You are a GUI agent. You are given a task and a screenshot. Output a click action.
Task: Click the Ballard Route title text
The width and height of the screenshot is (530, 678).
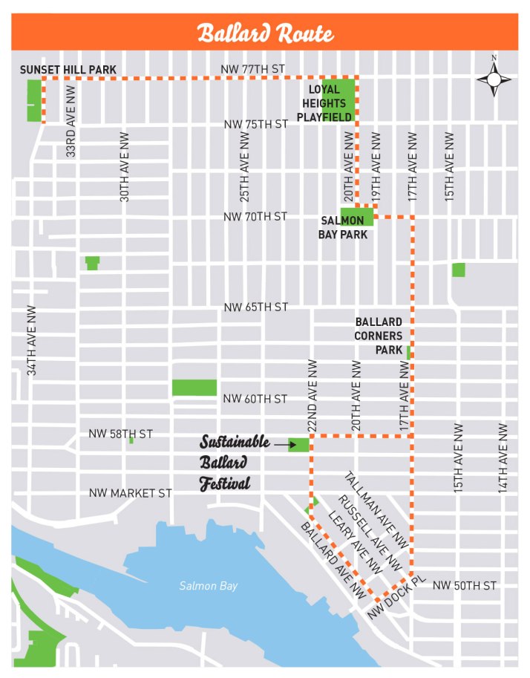coord(265,33)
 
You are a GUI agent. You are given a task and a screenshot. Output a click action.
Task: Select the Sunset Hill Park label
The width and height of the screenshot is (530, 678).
coord(68,70)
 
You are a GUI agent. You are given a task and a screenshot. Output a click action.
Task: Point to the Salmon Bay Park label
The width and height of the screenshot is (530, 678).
coord(342,227)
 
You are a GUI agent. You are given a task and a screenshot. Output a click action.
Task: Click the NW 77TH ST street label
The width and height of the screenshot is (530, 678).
coord(252,69)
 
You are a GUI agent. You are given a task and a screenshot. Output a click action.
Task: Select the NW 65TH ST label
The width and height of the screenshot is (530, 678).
coord(256,307)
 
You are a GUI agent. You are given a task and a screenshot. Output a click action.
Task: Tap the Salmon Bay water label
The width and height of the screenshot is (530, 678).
coord(209,586)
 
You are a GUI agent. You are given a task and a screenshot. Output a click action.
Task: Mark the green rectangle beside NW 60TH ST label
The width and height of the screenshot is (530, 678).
coord(194,388)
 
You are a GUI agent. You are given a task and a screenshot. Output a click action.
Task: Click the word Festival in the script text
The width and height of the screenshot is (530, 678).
coord(223,483)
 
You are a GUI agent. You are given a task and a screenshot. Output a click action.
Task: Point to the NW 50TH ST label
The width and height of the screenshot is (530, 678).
coord(464,586)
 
